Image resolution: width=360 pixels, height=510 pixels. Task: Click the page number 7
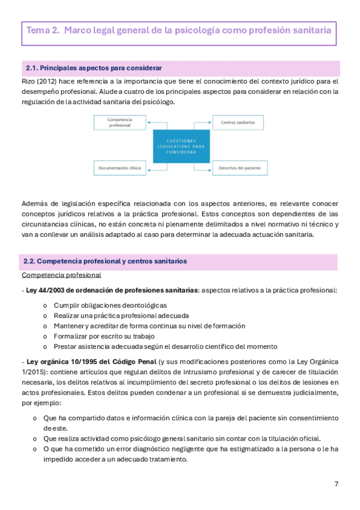(337, 484)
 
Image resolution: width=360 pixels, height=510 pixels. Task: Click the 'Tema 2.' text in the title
(42, 30)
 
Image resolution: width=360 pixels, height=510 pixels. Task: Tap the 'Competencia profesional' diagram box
(118, 122)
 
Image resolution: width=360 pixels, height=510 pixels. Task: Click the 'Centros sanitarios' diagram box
(236, 122)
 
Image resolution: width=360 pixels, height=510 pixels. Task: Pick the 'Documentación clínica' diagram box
(118, 168)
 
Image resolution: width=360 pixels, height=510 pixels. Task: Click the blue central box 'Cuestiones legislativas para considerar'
(178, 146)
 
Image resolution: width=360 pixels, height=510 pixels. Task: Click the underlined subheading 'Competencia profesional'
(61, 275)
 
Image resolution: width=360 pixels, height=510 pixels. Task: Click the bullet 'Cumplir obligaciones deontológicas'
(110, 305)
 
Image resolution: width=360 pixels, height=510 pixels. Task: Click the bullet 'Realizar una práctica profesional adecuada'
(121, 315)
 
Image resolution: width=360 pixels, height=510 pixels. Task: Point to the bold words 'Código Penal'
(130, 361)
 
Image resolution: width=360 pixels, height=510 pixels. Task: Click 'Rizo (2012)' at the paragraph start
(41, 81)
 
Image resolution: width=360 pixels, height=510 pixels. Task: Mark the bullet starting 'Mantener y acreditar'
(149, 325)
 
